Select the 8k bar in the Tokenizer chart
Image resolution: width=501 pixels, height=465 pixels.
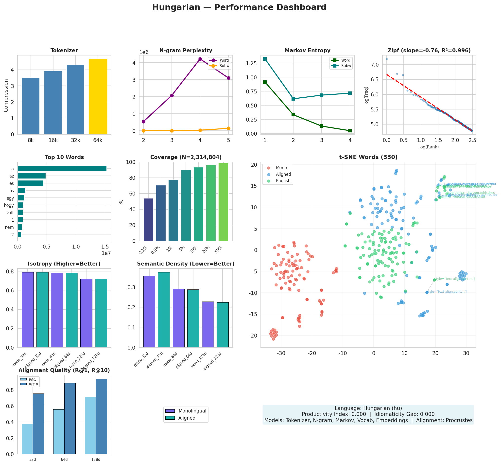pyautogui.click(x=31, y=106)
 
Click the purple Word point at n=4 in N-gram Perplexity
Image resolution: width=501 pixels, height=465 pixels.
pyautogui.click(x=200, y=59)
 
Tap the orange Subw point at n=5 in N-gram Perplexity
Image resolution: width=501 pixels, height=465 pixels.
pyautogui.click(x=228, y=128)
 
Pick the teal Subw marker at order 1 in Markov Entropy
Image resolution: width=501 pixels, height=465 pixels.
pyautogui.click(x=265, y=59)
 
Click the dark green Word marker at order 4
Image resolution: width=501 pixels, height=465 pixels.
pyautogui.click(x=350, y=131)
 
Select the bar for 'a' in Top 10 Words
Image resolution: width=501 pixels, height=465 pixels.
pyautogui.click(x=62, y=168)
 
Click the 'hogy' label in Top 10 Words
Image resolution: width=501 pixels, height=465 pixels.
pyautogui.click(x=9, y=206)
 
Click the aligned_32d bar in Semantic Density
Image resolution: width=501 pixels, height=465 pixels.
pyautogui.click(x=164, y=310)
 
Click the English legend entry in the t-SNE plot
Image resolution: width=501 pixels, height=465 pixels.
pyautogui.click(x=283, y=181)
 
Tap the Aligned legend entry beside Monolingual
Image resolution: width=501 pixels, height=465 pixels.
pyautogui.click(x=187, y=418)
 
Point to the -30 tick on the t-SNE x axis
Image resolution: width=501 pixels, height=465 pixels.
pyautogui.click(x=281, y=354)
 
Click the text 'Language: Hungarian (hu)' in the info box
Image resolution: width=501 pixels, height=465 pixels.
pyautogui.click(x=368, y=408)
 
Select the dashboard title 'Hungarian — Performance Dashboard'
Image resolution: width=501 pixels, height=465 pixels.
pyautogui.click(x=239, y=8)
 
